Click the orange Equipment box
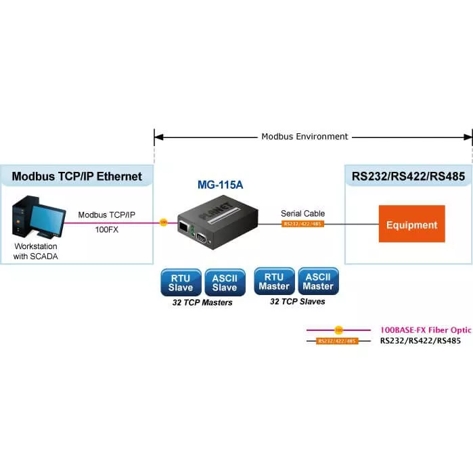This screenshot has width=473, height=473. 411,224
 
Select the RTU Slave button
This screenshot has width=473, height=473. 181,282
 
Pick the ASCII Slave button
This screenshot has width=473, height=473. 225,282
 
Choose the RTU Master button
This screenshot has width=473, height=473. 273,281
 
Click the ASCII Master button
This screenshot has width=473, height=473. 318,281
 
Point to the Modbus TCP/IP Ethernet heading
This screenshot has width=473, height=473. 77,177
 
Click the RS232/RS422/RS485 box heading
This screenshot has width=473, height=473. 408,177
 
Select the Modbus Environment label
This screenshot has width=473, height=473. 305,137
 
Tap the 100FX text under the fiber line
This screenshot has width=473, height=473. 107,229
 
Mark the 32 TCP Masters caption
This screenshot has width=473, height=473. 203,302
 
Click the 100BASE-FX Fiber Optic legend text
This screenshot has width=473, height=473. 426,330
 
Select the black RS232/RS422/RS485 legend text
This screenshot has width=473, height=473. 420,341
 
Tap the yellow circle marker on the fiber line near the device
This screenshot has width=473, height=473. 163,221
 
